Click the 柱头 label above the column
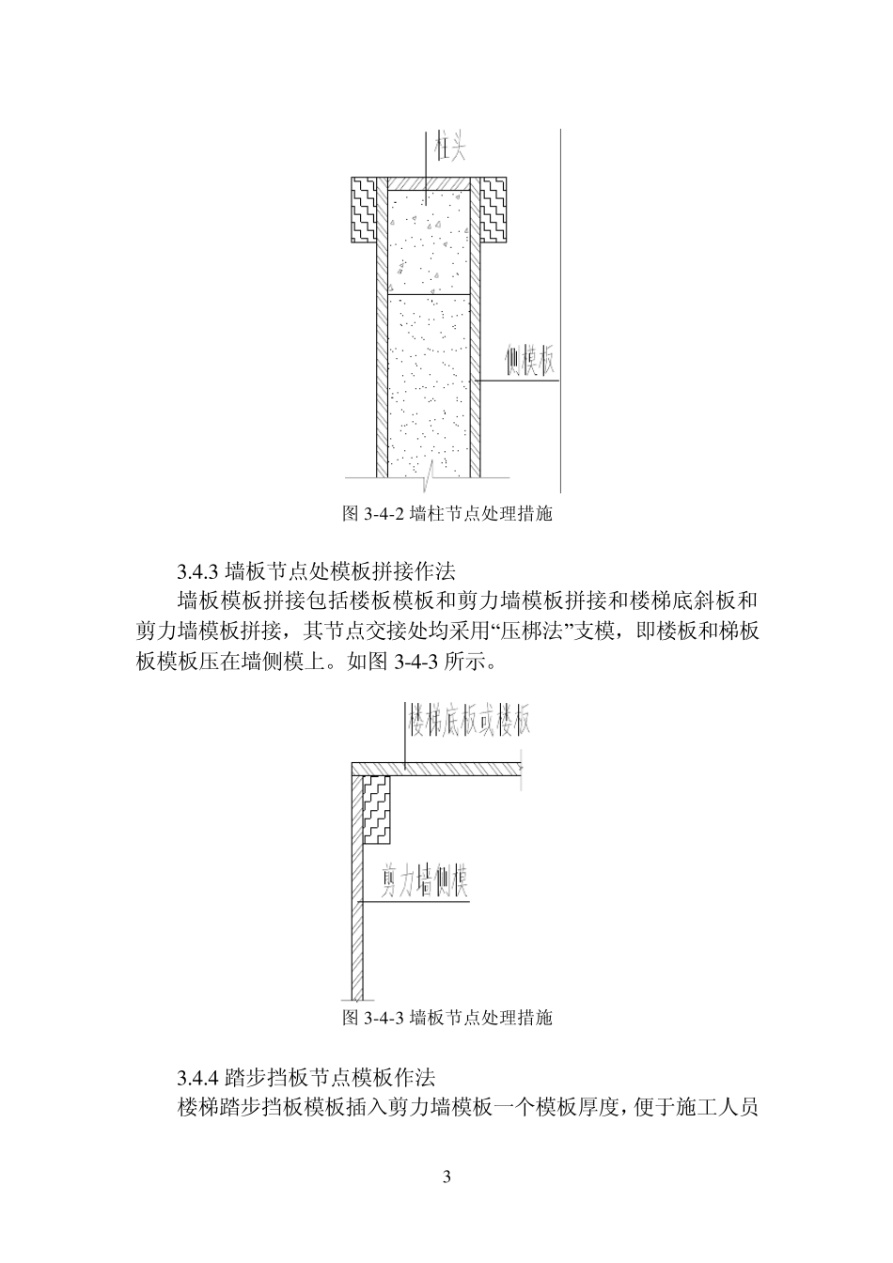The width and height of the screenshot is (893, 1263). [450, 148]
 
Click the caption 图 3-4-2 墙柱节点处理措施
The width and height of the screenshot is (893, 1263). [446, 514]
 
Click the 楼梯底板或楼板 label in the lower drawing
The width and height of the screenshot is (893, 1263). [468, 721]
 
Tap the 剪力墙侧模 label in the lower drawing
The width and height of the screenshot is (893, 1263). [425, 881]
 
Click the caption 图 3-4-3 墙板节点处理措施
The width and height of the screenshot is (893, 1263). [446, 1018]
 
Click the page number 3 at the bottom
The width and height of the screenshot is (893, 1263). [446, 1177]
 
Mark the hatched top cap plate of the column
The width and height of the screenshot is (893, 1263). [429, 182]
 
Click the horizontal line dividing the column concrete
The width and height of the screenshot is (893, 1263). [429, 294]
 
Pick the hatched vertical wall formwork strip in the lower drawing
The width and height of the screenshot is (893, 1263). [356, 921]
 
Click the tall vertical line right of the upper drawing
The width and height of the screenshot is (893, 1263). [561, 310]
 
